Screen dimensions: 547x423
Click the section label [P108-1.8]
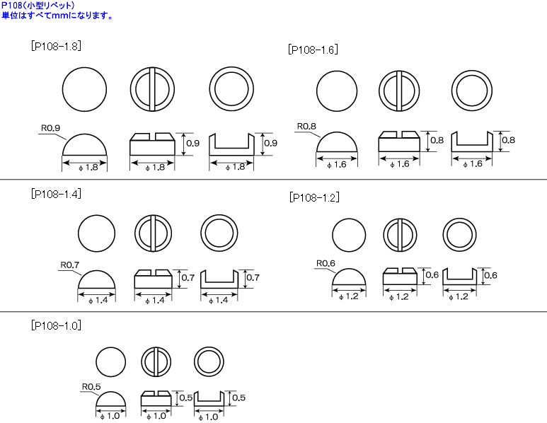pos(56,47)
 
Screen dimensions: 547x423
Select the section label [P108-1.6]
pos(313,50)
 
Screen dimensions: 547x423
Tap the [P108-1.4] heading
pos(56,194)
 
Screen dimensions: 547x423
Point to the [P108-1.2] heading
pos(314,198)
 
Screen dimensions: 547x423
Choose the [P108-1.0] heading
pos(56,325)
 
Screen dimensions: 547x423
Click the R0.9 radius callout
pos(50,128)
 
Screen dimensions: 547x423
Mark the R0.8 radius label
pos(306,126)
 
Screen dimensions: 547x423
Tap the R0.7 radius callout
pos(70,265)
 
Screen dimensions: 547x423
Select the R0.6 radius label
pos(326,263)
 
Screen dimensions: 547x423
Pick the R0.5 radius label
pos(91,387)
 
